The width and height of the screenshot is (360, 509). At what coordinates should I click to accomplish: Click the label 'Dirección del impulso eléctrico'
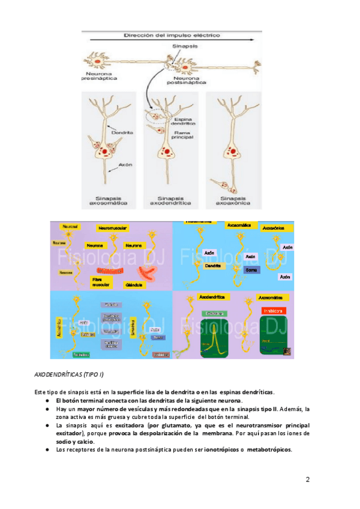coord(172,35)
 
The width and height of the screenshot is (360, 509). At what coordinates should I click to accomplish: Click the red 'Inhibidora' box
coord(273,310)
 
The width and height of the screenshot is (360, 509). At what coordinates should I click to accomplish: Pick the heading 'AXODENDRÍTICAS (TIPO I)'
coord(68,375)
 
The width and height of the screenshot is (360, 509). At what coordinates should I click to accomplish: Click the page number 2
coord(308,480)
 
